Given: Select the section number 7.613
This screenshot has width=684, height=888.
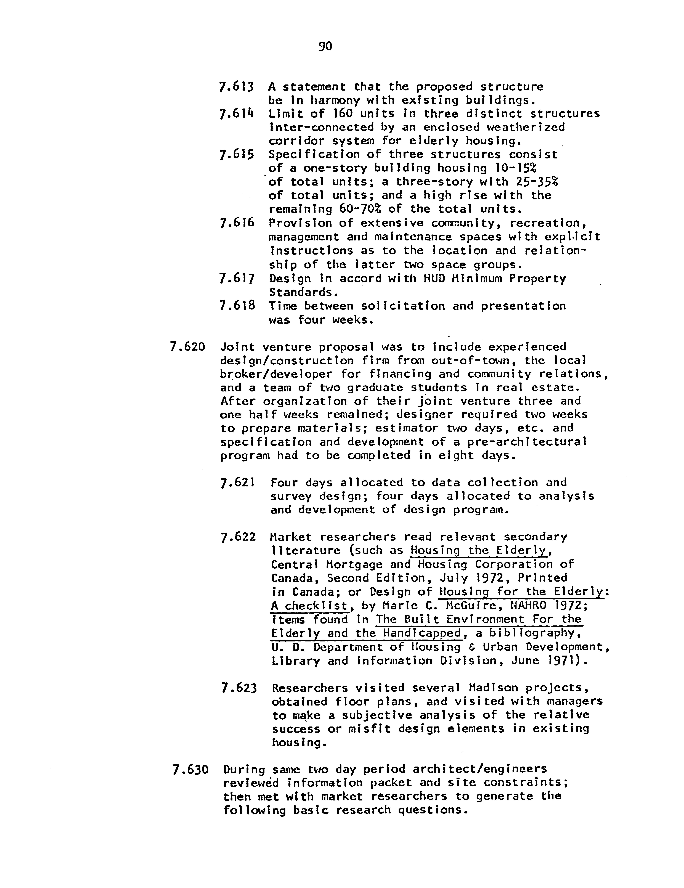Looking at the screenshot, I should [x=236, y=87].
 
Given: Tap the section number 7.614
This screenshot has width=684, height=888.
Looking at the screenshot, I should [x=236, y=114].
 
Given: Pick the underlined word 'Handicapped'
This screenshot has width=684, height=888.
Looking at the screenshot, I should [x=422, y=633].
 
